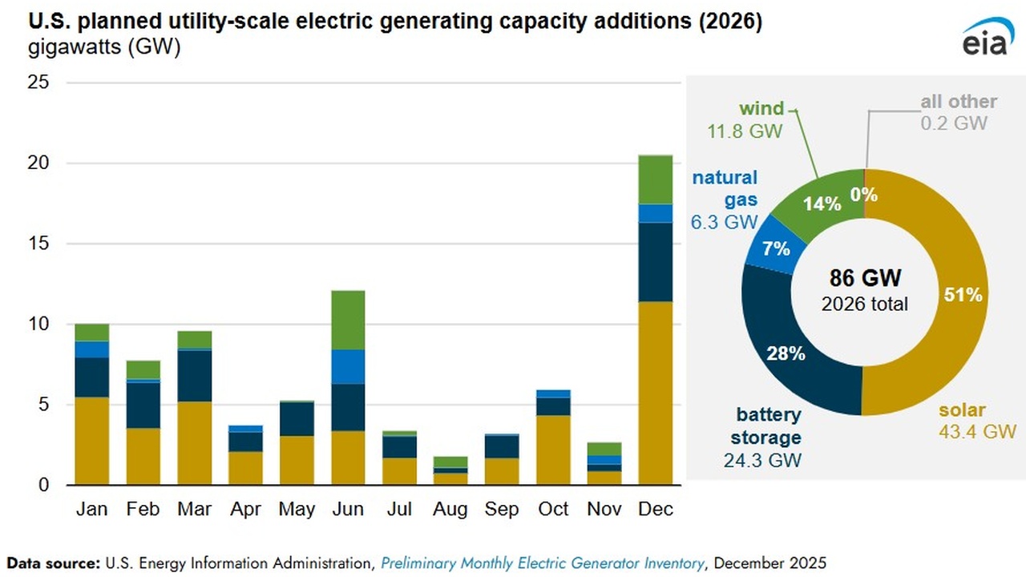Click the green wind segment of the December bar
[655, 180]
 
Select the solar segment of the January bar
[91, 441]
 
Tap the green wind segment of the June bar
[348, 320]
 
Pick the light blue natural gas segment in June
[348, 366]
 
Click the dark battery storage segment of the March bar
[195, 376]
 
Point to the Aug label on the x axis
[450, 509]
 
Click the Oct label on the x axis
[553, 509]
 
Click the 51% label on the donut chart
[963, 295]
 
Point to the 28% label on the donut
[786, 353]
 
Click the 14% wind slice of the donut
[822, 204]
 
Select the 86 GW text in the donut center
[864, 279]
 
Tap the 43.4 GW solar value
[978, 432]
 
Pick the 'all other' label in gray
[958, 102]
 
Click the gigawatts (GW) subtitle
[105, 47]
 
